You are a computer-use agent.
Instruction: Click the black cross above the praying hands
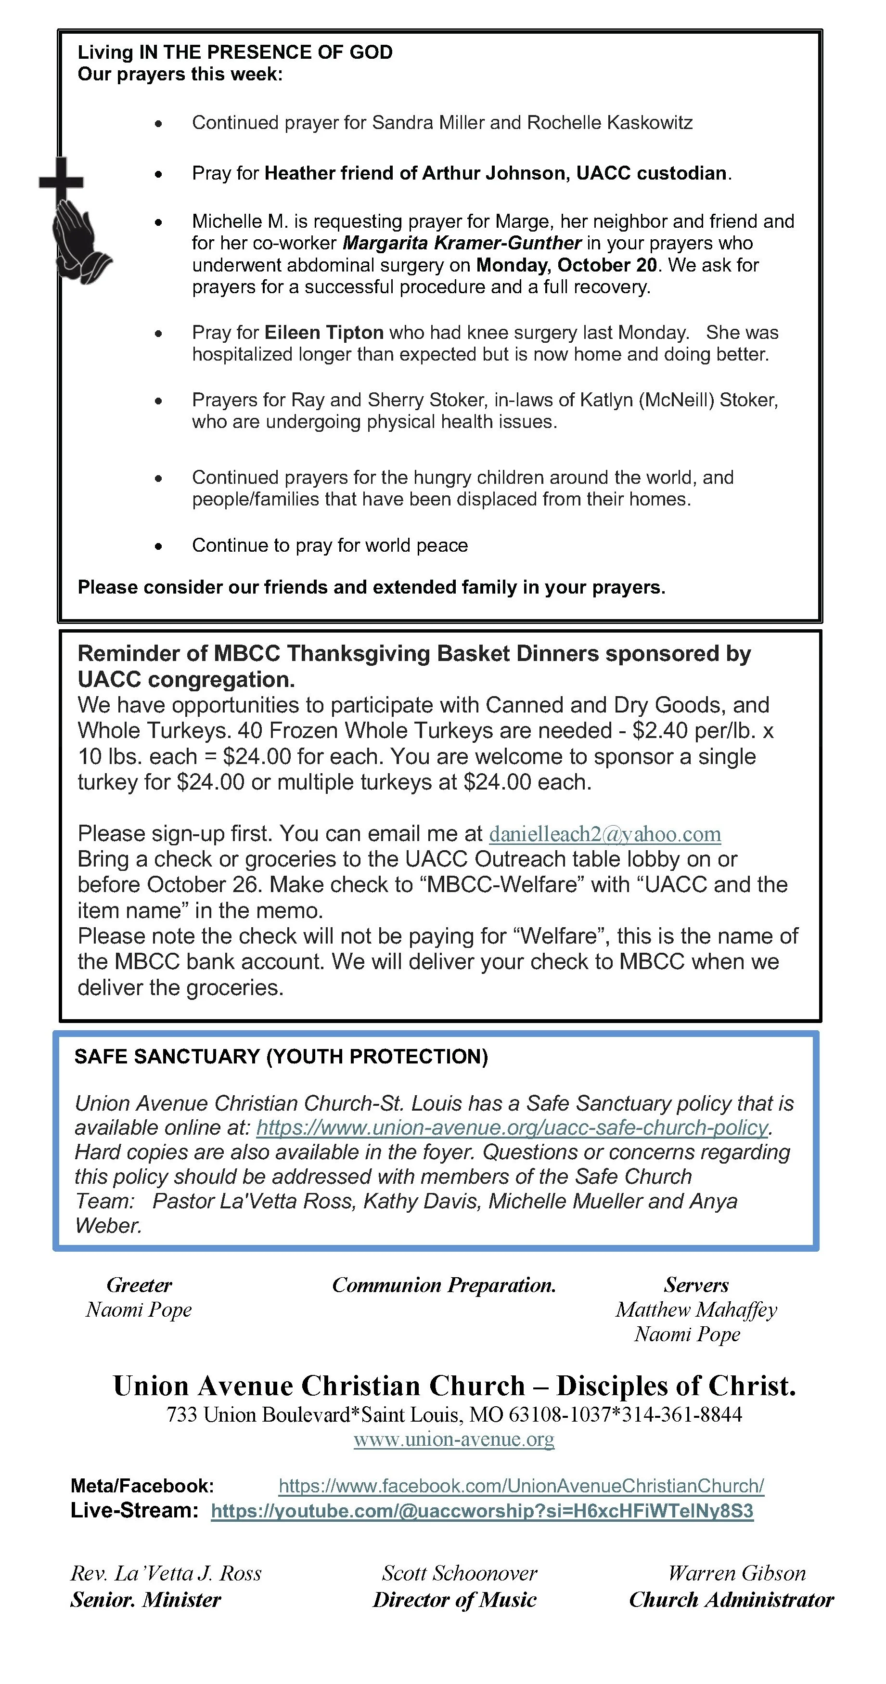point(61,180)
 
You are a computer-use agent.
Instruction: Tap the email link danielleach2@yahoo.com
point(604,834)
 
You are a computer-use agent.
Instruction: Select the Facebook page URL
point(521,1486)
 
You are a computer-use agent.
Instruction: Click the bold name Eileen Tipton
point(323,333)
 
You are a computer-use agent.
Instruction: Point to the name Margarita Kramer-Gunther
point(462,243)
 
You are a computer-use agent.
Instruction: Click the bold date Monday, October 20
point(566,265)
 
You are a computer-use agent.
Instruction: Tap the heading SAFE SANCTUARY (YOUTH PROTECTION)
point(281,1057)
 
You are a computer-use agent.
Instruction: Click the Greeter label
point(139,1285)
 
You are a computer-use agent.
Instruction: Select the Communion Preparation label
point(444,1285)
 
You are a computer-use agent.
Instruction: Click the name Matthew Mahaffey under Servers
point(696,1310)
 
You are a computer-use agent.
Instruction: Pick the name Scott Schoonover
point(459,1573)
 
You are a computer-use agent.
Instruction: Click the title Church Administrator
point(731,1600)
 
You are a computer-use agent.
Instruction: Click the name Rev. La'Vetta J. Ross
point(166,1573)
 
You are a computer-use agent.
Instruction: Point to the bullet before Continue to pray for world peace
point(158,546)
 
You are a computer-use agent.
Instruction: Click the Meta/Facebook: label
point(142,1486)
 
